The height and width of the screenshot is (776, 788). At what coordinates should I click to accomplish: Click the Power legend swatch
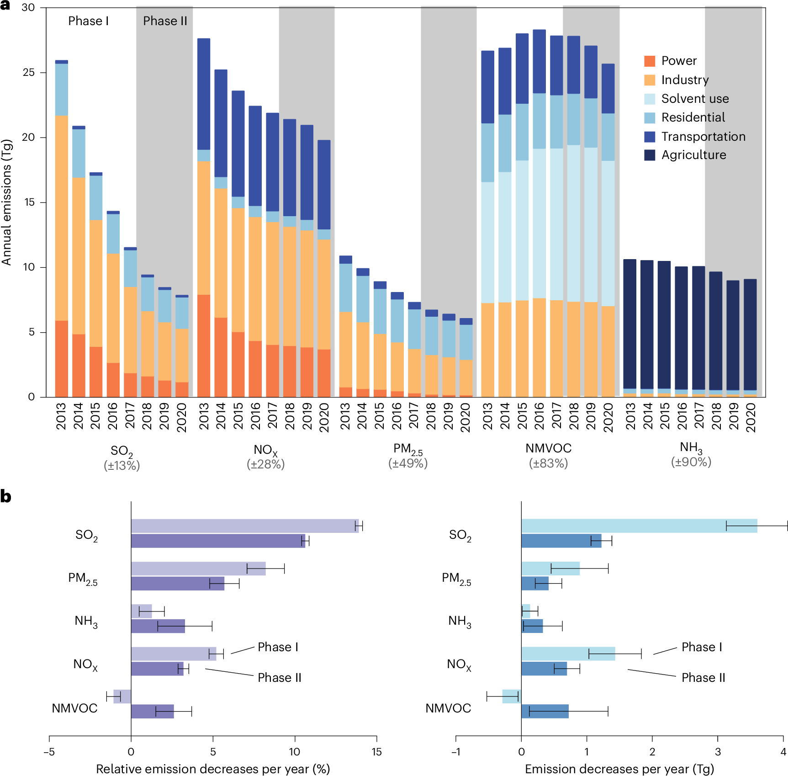(x=650, y=61)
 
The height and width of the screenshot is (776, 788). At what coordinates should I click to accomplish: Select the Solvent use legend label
(x=695, y=99)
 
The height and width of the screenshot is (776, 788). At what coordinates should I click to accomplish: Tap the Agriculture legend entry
(x=693, y=155)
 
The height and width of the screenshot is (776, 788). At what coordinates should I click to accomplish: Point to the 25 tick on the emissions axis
(x=29, y=73)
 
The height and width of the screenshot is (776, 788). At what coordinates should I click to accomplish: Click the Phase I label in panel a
(x=88, y=21)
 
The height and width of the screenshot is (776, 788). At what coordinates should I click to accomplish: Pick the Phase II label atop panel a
(x=165, y=21)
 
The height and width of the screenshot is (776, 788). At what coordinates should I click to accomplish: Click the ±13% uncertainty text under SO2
(x=122, y=466)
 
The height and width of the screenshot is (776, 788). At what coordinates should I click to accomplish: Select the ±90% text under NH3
(x=691, y=462)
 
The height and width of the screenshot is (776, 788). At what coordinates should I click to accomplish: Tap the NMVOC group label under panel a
(x=548, y=448)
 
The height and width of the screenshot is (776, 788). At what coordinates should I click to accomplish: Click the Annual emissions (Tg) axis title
(x=6, y=202)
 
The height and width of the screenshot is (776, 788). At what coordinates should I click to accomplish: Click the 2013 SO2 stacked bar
(x=62, y=229)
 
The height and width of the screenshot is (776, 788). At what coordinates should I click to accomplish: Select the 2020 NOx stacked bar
(x=324, y=270)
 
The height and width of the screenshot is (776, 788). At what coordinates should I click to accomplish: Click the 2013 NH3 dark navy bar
(x=629, y=324)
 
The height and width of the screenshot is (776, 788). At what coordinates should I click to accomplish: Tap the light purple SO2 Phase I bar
(x=244, y=526)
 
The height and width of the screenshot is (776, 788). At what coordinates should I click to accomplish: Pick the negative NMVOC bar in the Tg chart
(x=511, y=696)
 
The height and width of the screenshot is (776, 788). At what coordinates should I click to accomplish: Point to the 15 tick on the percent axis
(x=376, y=752)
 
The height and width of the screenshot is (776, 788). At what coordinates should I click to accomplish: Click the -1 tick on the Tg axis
(x=455, y=752)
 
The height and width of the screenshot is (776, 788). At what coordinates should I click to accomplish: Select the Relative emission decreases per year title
(x=213, y=769)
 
